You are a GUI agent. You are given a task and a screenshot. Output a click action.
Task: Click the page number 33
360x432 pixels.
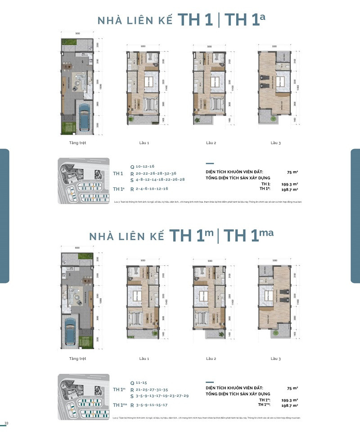pos(6,423)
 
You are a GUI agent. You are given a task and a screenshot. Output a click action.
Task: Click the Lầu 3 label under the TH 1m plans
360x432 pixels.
pos(276,359)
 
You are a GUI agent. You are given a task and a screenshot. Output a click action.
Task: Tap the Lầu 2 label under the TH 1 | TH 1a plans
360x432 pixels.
pos(211,143)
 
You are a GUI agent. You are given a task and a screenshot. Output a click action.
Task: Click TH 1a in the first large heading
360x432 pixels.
pos(245,21)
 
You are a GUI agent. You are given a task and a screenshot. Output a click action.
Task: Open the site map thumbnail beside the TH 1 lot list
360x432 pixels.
pos(84,181)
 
